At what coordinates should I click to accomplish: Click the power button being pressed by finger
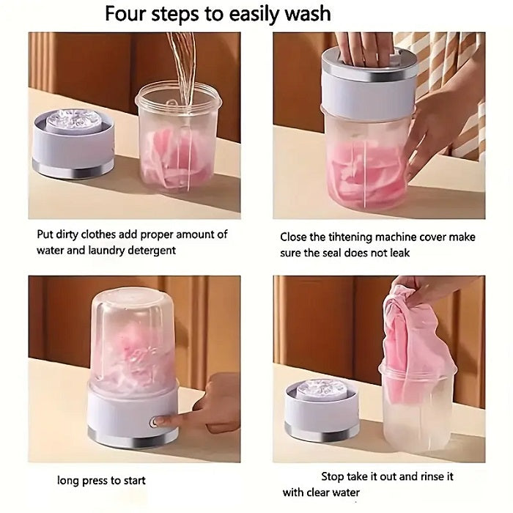pyautogui.click(x=155, y=422)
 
